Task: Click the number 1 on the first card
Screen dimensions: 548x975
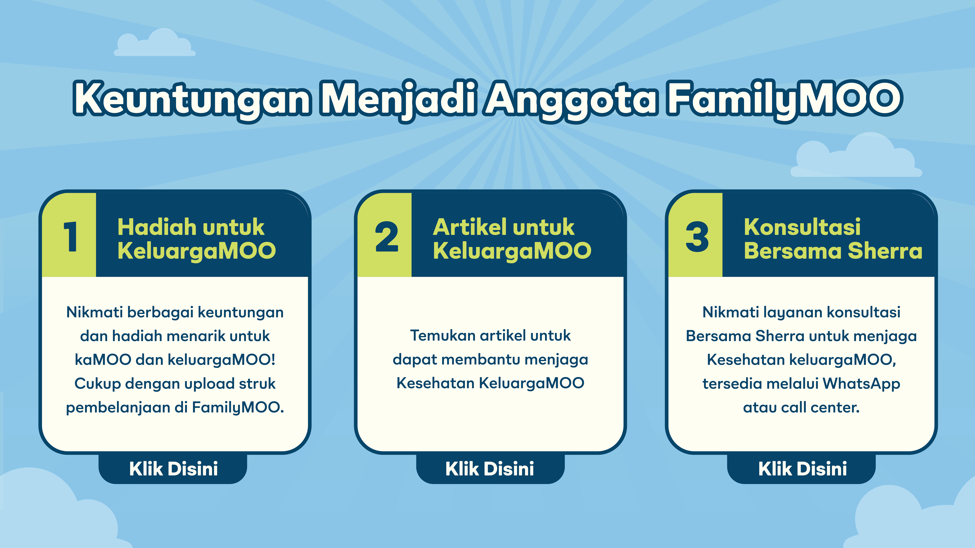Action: tap(70, 237)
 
